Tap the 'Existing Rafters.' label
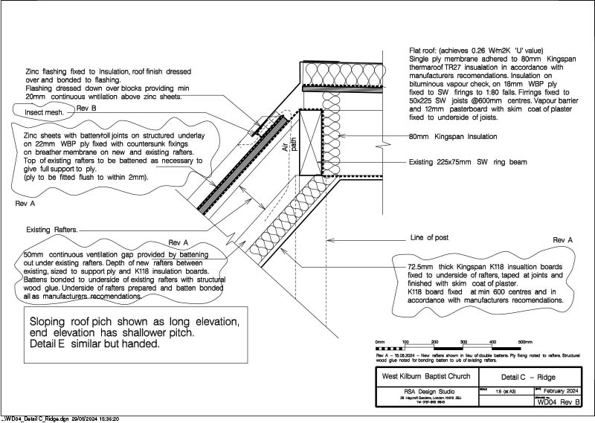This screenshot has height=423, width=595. [52, 230]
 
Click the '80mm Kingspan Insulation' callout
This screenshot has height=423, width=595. [453, 137]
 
